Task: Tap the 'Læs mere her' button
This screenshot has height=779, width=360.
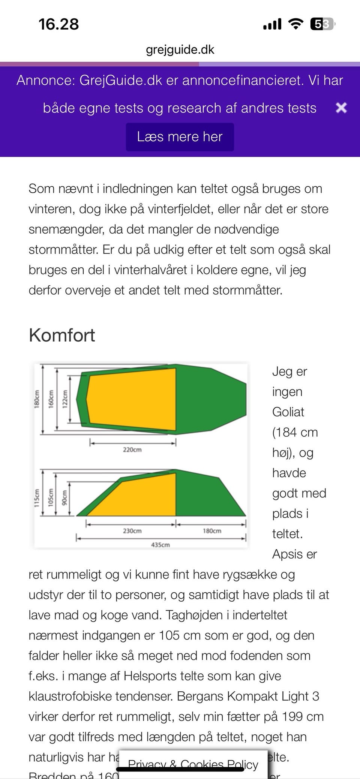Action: pos(180,137)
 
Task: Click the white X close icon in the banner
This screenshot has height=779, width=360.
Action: pos(341,108)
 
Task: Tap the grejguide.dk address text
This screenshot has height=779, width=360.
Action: pos(180,49)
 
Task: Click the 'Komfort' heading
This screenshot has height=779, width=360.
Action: pos(62,335)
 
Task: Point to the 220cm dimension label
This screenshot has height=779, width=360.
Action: pos(132,449)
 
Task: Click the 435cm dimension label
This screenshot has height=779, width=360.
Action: pos(160,545)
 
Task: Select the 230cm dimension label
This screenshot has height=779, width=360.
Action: pos(132,531)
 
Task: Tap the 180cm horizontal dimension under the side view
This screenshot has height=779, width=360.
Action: pos(212,531)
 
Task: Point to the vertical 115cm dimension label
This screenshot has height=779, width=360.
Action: pos(37,498)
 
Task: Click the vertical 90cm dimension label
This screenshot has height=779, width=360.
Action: pos(64,498)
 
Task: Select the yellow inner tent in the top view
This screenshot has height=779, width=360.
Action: pos(131,399)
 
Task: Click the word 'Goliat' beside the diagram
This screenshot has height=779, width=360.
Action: pos(288,412)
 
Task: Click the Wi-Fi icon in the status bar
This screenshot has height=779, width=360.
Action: pos(295,24)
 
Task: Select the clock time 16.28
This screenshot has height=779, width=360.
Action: pos(59,24)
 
